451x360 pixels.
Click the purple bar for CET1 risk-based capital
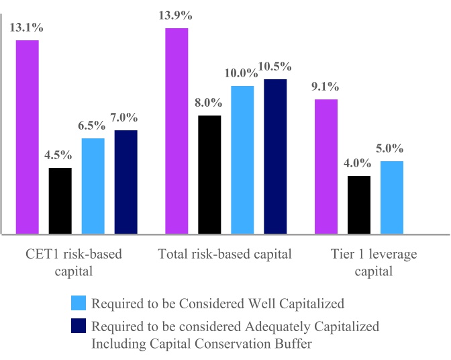28,138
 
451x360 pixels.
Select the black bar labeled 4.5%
60,201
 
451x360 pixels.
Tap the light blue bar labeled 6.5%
93,186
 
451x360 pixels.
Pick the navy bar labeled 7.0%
126,182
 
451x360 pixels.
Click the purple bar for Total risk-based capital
177,132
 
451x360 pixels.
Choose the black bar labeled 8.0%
210,175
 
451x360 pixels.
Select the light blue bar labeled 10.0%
243,161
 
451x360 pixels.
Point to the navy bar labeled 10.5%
275,157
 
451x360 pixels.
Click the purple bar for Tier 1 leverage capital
326,167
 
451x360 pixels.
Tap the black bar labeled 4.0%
359,205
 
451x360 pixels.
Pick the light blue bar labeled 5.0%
392,197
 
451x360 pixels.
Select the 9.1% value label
325,87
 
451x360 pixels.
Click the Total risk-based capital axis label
225,255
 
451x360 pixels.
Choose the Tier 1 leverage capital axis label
374,263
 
